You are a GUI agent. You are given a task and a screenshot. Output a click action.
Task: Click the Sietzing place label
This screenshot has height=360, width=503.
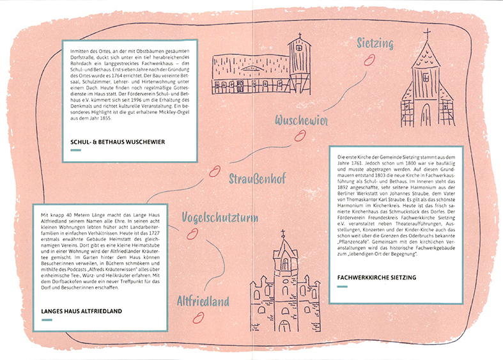[375, 43]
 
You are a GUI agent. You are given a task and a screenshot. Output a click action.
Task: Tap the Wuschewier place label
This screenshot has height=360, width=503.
[301, 120]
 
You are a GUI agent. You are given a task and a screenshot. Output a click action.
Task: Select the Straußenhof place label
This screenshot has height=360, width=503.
[257, 178]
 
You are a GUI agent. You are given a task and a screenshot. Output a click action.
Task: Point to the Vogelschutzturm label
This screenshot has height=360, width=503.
[220, 217]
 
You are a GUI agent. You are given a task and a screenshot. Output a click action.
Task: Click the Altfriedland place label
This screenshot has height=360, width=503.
[203, 301]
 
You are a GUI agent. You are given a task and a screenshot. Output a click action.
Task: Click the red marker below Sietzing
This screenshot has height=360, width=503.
[369, 59]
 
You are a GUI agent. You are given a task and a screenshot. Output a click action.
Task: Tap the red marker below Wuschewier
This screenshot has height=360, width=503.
[300, 136]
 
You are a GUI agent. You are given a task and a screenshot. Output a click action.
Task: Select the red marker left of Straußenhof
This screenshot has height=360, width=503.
[215, 171]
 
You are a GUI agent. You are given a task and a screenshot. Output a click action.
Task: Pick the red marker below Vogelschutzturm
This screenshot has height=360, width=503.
[192, 234]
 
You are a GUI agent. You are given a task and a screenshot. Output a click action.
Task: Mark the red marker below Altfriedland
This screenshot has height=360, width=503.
[198, 318]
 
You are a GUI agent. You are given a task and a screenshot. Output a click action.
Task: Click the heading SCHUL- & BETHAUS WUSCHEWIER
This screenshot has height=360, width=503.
[118, 142]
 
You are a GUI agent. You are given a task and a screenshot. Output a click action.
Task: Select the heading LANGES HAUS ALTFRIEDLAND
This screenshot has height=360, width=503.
[81, 311]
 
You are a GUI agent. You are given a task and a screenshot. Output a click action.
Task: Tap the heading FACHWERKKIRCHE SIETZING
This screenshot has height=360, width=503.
[376, 278]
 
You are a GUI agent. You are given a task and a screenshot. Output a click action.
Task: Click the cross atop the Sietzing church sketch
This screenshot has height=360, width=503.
[427, 34]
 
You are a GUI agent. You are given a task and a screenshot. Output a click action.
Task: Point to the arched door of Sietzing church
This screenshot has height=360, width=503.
[426, 115]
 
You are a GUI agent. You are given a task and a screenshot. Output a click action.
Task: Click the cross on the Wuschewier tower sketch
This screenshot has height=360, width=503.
[300, 35]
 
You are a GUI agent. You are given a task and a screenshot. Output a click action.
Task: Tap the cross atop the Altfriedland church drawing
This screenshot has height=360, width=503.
[283, 233]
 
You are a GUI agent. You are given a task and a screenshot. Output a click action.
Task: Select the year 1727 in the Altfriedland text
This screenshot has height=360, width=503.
[154, 233]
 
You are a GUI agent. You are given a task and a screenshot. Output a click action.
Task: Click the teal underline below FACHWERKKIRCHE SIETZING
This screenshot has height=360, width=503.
[343, 286]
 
